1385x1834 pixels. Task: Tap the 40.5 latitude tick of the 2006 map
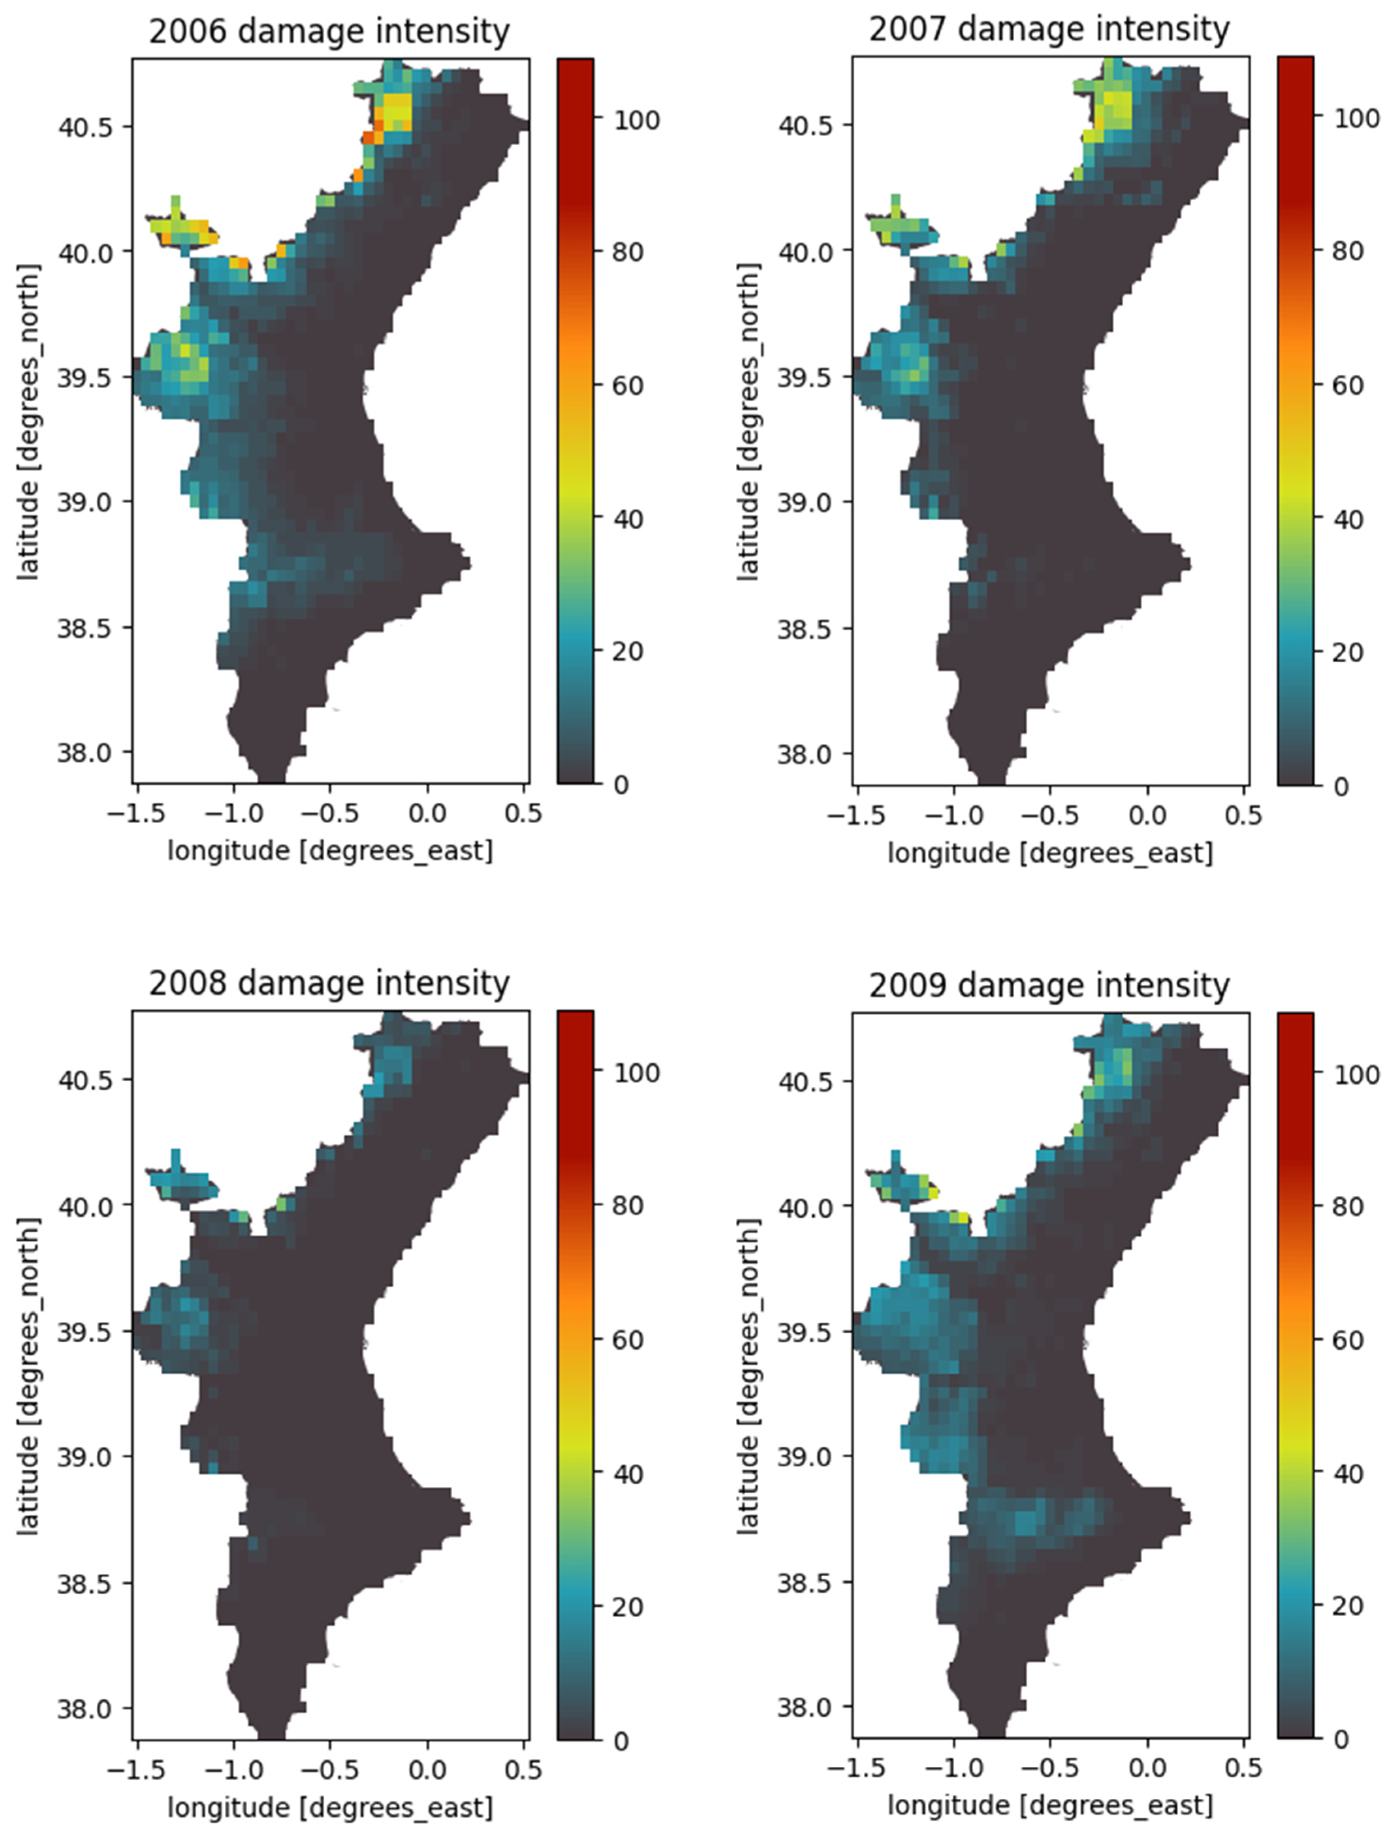pos(83,127)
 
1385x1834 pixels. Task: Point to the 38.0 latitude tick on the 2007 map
pos(802,755)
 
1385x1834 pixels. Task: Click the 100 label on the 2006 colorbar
pos(637,120)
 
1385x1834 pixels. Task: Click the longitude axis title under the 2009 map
pos(1050,1806)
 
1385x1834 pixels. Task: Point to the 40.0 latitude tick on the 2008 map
pos(83,1206)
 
